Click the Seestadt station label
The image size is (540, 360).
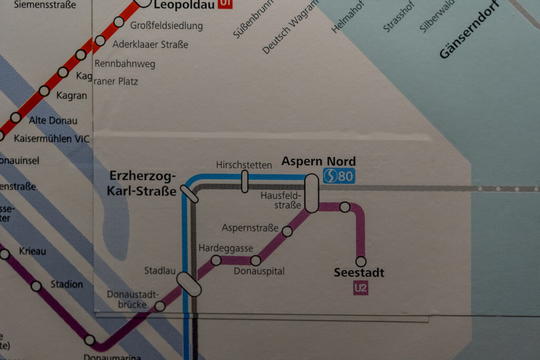coord(359,273)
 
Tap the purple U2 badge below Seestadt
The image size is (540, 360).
coord(361,288)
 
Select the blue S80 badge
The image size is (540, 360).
coord(339,176)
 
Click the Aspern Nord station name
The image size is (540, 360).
coord(319,161)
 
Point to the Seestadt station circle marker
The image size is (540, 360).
coord(361,261)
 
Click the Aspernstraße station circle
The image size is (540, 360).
coord(287,231)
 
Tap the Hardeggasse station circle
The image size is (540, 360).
coord(216,260)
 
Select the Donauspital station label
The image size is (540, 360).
coord(259,271)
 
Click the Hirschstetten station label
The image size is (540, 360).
coord(244,165)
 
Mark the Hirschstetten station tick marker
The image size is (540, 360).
coord(245,181)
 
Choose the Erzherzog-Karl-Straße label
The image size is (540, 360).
coord(142,183)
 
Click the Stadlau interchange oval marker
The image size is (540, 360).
coord(189,284)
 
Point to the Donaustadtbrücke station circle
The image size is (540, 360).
coord(160,306)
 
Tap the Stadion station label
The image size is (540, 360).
coord(66,285)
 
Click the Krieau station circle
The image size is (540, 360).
coord(5,255)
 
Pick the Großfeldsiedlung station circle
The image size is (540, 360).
coord(119,22)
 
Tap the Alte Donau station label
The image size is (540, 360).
coord(53,121)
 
